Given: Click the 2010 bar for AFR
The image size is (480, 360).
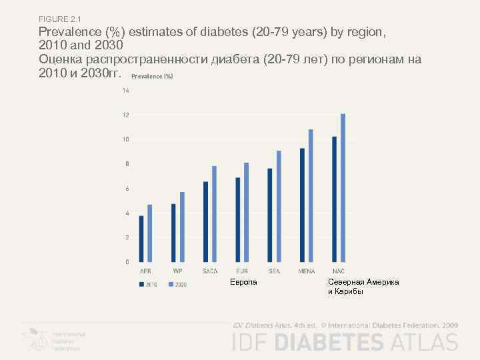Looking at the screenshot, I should point(141,238).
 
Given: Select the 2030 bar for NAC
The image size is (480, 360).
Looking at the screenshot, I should point(343,187).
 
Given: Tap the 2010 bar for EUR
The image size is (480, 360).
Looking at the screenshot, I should point(238,219).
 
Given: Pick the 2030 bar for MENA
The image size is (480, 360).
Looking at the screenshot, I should point(311,195).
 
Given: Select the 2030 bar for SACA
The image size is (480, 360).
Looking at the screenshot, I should point(214,213).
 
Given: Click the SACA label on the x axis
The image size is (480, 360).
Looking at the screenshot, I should point(210,271).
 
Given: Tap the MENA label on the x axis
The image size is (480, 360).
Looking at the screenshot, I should point(307,271).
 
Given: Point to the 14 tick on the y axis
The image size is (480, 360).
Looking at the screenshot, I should point(125,91).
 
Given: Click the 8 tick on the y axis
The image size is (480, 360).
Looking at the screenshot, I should point(125,164).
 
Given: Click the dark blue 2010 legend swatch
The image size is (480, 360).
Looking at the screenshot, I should point(142,284).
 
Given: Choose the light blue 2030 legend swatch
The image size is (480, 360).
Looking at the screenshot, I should point(171,284).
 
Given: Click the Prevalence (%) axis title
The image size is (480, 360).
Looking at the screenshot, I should point(152,77).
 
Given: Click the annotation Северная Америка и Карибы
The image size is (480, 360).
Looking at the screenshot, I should point(363,287).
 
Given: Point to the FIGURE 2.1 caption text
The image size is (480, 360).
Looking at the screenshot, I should point(59,18).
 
